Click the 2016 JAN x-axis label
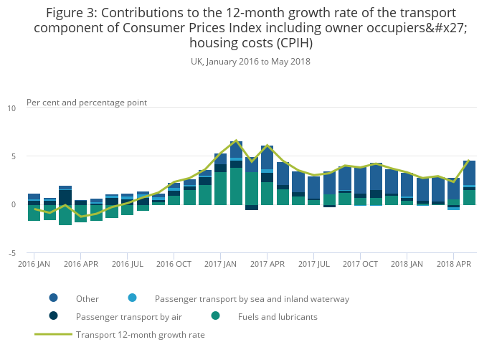(34, 264)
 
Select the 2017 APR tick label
(267, 264)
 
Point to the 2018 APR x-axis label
(453, 264)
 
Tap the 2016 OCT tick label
(174, 264)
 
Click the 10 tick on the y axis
(11, 108)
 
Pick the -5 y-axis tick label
(11, 253)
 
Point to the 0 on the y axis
(13, 204)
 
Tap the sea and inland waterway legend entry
(252, 299)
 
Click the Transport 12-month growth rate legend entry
(141, 334)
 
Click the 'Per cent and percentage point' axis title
(87, 103)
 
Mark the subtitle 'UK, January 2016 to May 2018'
(250, 62)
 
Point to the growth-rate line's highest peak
(236, 141)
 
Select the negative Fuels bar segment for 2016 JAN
(34, 212)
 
